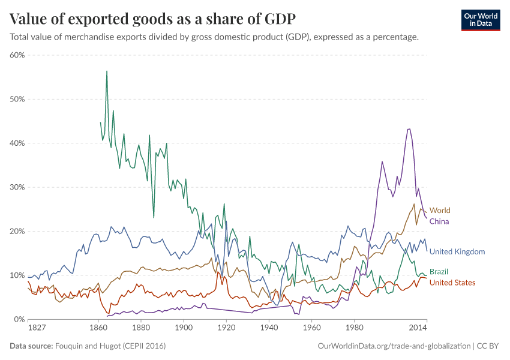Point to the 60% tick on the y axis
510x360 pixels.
point(17,55)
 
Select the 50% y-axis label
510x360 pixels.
point(17,99)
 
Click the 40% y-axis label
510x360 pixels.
point(17,143)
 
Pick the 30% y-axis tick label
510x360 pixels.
point(17,187)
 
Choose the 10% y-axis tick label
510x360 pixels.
point(17,275)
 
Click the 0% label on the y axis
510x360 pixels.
point(19,319)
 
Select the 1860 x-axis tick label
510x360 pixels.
point(98,329)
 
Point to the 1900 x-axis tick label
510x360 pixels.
point(184,329)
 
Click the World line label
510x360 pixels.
point(440,211)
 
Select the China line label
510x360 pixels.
point(439,221)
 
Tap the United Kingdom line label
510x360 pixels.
point(457,252)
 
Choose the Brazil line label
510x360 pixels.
point(439,272)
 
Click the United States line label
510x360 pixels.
point(452,283)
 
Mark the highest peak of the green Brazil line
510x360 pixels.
point(107,71)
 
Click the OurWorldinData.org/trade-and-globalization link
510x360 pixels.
point(393,346)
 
